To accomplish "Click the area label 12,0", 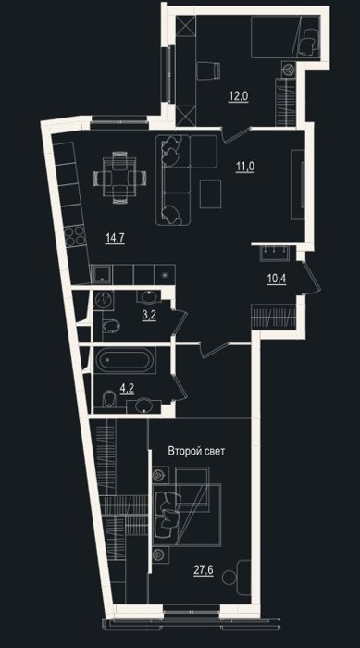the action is click(x=239, y=96).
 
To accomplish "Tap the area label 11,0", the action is click(x=245, y=167).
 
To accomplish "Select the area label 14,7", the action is click(x=115, y=238).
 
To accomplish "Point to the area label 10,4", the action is click(x=277, y=278).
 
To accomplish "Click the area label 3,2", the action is click(x=149, y=317).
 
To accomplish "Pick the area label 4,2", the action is click(x=127, y=388).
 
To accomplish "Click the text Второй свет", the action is click(x=196, y=451).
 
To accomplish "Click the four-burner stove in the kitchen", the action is click(x=74, y=237).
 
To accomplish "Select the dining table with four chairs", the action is click(x=120, y=177).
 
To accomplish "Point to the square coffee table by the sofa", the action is click(x=210, y=193).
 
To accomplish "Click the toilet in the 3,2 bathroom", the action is click(x=111, y=326).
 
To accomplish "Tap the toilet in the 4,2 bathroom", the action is click(x=108, y=399).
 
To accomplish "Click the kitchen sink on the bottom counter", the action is click(x=102, y=274).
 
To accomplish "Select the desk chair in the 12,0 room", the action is click(x=208, y=69).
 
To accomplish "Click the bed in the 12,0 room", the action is click(x=285, y=38).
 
